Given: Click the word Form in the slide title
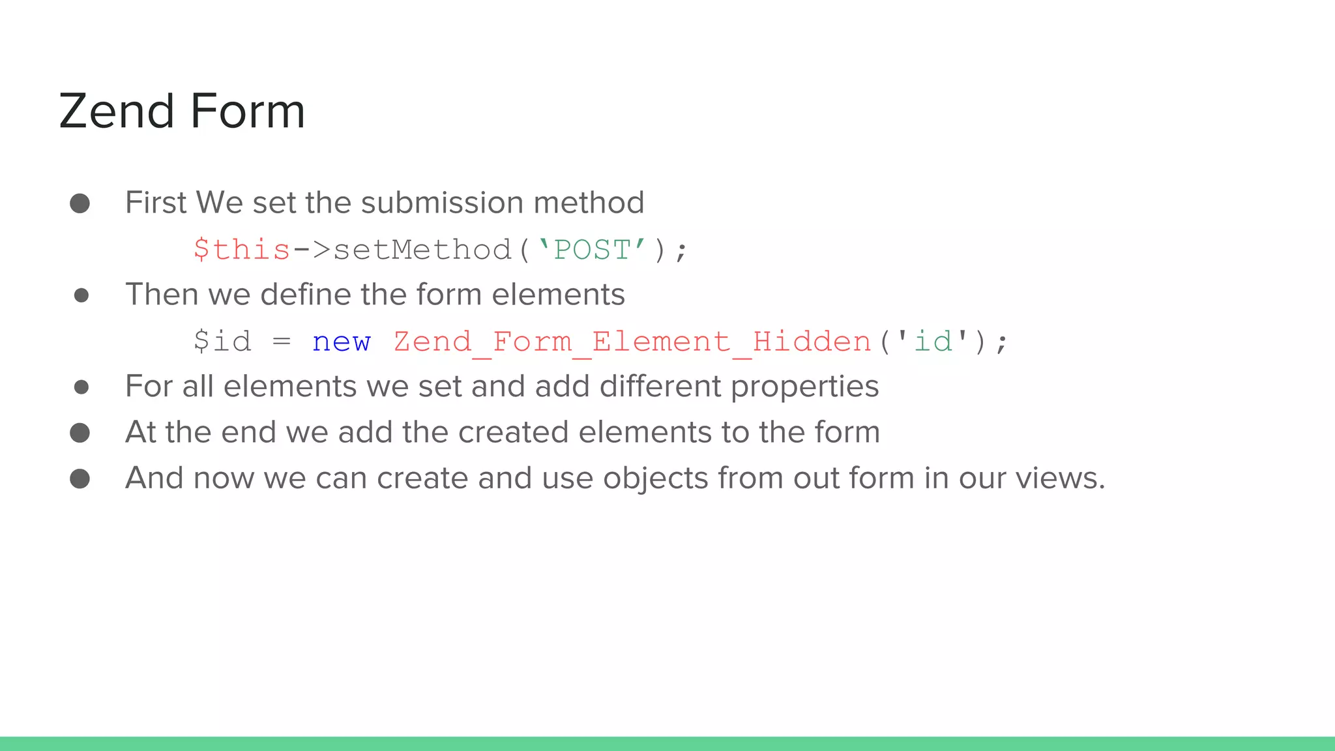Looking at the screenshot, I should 248,111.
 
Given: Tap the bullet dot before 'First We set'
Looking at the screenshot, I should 80,203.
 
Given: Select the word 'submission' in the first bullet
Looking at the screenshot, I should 443,203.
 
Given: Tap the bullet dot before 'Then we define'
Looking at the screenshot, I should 81,295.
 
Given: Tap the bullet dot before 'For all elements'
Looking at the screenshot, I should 81,387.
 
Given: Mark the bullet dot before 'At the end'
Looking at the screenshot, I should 80,433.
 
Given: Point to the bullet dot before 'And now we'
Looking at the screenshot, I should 80,479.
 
